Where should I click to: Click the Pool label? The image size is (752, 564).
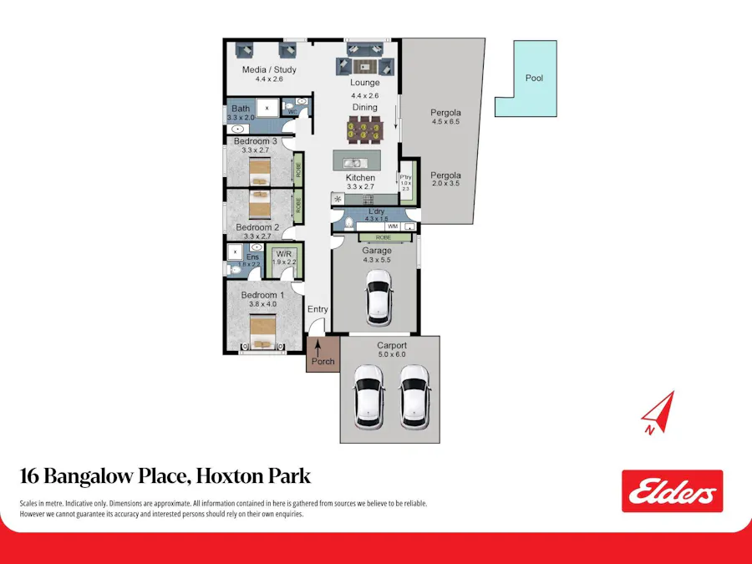point(534,78)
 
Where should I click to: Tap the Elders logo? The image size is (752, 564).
point(672,491)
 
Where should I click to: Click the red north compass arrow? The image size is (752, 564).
point(658,411)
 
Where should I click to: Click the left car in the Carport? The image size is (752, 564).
point(368,394)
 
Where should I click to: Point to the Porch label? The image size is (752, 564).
point(323,362)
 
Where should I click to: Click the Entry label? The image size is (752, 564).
point(318,309)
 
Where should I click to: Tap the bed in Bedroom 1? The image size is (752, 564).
point(262,336)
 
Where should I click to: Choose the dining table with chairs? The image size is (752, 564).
point(364,130)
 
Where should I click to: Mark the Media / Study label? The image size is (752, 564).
point(269,69)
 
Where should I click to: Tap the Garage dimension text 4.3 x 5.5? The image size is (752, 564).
point(376,260)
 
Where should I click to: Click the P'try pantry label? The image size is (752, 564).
point(406,177)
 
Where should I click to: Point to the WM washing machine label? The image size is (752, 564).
point(392,226)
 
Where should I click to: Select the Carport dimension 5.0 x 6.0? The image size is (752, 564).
point(391,354)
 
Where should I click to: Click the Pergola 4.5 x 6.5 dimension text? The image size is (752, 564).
point(445,122)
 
